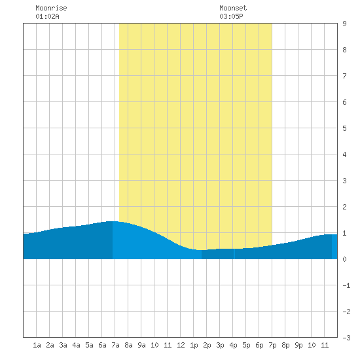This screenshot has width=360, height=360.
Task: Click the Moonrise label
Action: click(x=51, y=8)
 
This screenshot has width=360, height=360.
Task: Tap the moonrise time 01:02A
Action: click(x=47, y=16)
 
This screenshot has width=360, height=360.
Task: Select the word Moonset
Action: click(x=233, y=8)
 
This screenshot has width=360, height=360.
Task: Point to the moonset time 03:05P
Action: click(x=231, y=16)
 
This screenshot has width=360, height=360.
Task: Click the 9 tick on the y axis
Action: click(x=344, y=24)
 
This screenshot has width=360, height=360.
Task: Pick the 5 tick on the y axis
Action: click(x=344, y=128)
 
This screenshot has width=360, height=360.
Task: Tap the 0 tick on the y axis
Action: click(x=344, y=259)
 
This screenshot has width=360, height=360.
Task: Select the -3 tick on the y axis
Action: click(x=346, y=338)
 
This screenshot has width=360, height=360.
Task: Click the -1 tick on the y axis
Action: click(x=346, y=285)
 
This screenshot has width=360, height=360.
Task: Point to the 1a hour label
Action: click(x=37, y=345)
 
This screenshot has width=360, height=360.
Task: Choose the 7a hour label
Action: click(x=115, y=345)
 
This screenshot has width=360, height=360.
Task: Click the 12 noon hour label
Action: click(x=181, y=345)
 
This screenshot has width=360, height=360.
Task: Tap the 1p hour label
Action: click(x=194, y=345)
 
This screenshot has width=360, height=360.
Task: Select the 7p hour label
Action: click(x=272, y=345)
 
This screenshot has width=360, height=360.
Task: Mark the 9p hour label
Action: click(x=298, y=345)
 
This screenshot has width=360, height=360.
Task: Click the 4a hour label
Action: click(x=76, y=345)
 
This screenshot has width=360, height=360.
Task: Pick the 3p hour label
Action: click(x=220, y=345)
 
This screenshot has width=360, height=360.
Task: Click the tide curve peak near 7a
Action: click(x=113, y=221)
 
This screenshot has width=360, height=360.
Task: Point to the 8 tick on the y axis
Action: click(x=344, y=50)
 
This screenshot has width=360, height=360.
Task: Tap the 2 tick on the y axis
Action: click(x=344, y=207)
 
